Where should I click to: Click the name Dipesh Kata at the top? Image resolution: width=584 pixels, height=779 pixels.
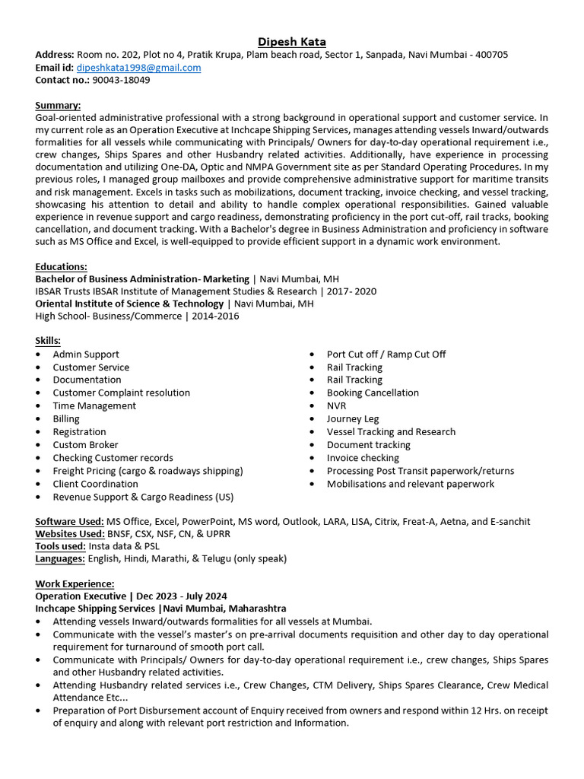point(292,41)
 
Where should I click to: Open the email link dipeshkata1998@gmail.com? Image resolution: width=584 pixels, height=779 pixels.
point(138,67)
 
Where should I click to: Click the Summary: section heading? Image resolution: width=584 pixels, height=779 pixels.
point(58,105)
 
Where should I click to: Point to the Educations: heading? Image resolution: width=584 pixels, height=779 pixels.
point(62,266)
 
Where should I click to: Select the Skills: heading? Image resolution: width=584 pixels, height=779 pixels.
point(48,340)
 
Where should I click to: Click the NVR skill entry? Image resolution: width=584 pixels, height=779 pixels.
point(336,405)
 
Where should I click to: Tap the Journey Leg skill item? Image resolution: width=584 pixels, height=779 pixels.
point(353,418)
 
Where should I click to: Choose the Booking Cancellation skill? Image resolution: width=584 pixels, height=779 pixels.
point(373,393)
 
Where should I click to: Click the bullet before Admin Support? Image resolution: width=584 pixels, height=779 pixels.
point(39,355)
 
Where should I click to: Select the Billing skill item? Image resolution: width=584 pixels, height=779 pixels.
point(66,418)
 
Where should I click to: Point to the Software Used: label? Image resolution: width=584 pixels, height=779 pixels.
point(70,521)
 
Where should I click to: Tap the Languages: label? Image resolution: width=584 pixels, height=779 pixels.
point(60,558)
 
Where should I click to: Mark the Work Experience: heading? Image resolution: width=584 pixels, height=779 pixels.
point(75,583)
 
